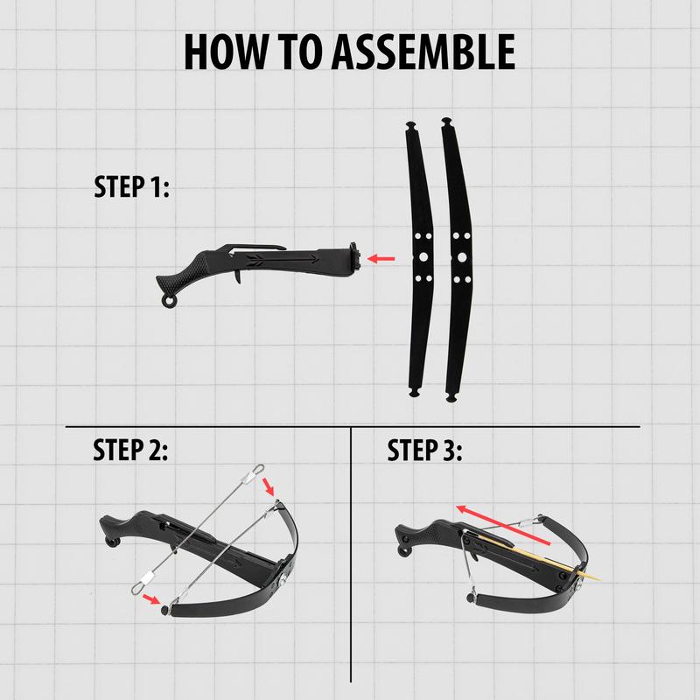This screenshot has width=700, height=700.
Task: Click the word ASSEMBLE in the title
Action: pos(423,52)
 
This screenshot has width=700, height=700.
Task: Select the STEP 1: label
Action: pos(132,186)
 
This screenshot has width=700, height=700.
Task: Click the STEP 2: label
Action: pos(130,450)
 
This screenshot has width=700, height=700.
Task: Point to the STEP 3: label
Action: pos(424,450)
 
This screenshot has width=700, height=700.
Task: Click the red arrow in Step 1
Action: pos(381,258)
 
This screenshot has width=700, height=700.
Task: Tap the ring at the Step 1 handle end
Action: pos(169,302)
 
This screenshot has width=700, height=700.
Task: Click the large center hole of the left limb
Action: pos(423,256)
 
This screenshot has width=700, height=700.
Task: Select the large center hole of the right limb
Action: pos(462,257)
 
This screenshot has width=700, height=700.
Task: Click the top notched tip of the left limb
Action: pos(410,124)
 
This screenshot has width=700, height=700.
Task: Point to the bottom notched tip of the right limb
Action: pos(451,397)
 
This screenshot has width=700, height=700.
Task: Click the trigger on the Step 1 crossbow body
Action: pos(238,277)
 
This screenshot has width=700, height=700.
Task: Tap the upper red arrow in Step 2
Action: pos(269,486)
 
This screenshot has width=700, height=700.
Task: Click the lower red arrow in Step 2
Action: pos(151,598)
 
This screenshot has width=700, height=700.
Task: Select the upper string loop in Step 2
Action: pos(253,473)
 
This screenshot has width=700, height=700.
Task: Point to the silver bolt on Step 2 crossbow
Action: pos(283,582)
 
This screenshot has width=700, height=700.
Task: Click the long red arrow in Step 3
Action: pos(503,525)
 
